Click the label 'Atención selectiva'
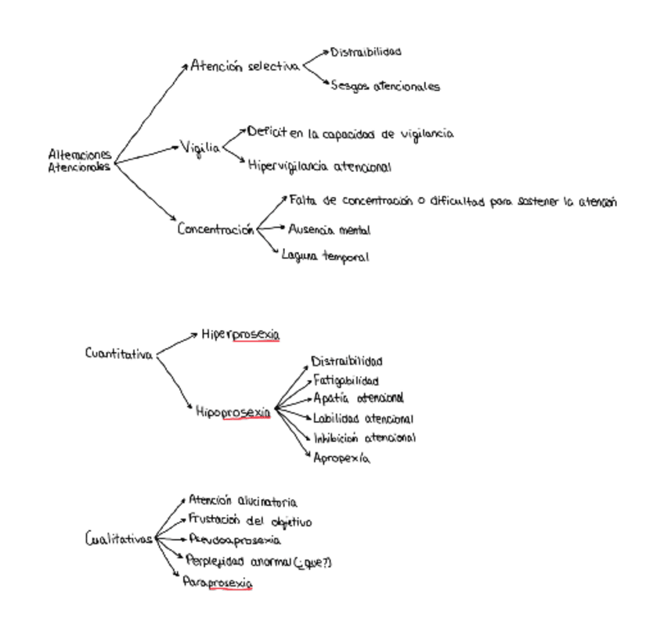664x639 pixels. (x=244, y=66)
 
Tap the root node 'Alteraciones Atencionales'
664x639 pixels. (x=79, y=160)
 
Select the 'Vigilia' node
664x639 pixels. (x=200, y=147)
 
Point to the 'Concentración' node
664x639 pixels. (x=215, y=229)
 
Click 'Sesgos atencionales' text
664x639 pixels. (x=384, y=86)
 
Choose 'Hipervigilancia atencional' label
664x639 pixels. (x=319, y=167)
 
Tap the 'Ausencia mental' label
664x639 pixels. (x=329, y=230)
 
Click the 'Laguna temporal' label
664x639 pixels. (x=325, y=256)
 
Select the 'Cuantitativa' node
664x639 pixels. (x=118, y=354)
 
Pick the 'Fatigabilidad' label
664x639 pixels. (x=346, y=381)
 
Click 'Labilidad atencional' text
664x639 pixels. (x=363, y=419)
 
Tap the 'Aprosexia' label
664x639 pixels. (x=341, y=458)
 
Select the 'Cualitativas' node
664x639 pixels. (x=118, y=539)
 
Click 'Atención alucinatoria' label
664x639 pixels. (x=243, y=501)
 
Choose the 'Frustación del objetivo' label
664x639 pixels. (x=250, y=521)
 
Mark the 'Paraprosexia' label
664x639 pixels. (x=217, y=583)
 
